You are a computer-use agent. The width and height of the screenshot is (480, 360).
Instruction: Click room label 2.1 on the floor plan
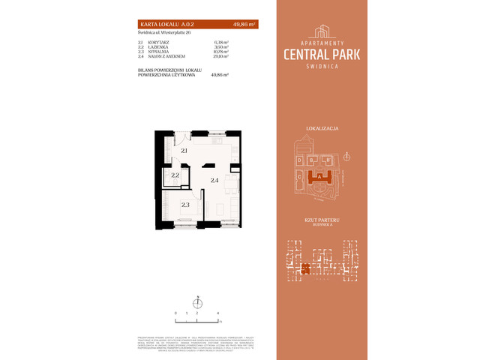[184, 151]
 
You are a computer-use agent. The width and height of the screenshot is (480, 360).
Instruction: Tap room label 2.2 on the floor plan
[175, 176]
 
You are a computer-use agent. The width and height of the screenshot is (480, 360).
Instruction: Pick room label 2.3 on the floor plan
[184, 203]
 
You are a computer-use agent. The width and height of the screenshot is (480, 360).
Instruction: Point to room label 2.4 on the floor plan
[214, 180]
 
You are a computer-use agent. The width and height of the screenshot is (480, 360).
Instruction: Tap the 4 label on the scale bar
[217, 312]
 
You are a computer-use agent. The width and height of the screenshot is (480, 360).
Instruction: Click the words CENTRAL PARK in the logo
[322, 54]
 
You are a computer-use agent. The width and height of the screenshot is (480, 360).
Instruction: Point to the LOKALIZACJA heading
[322, 129]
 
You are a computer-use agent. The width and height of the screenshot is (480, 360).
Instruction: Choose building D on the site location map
[299, 160]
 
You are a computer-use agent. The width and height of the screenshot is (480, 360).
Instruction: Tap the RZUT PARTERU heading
[322, 220]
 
